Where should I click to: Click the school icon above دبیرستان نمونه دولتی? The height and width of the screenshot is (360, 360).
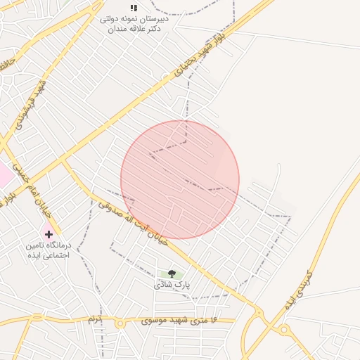click(134, 8)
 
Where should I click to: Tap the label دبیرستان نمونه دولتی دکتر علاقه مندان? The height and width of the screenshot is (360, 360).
click(134, 24)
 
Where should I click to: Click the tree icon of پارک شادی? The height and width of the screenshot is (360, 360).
click(172, 274)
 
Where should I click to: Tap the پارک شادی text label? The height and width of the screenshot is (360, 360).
click(173, 285)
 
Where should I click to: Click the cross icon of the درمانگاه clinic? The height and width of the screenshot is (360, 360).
click(49, 233)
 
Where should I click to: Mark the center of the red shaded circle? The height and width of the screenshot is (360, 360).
click(180, 180)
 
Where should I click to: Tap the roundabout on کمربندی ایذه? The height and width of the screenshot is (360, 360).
click(284, 330)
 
